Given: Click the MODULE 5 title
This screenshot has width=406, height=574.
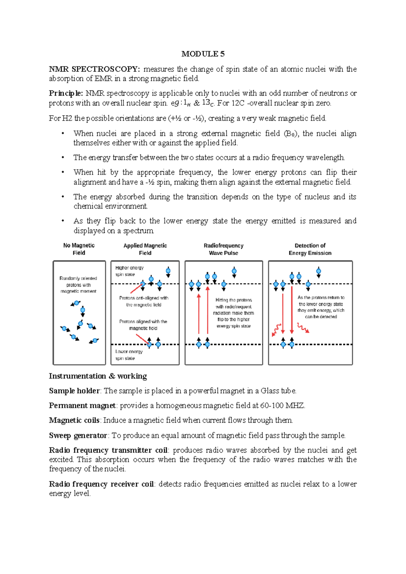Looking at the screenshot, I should click(x=203, y=54).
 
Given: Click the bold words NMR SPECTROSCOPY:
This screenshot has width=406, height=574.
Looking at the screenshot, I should click(x=94, y=69).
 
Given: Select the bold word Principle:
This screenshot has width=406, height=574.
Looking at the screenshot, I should click(x=66, y=93).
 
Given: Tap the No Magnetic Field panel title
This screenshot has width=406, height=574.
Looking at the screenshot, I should click(x=79, y=249).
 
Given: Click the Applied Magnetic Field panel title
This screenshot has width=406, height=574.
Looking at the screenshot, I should click(x=145, y=249).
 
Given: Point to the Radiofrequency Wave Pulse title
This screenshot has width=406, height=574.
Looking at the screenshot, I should click(x=223, y=249).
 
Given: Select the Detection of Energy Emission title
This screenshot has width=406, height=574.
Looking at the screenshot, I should click(x=310, y=249).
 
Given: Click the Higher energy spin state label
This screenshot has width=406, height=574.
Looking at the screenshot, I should click(x=129, y=271).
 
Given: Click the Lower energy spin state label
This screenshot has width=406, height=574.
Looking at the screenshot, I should click(x=129, y=355).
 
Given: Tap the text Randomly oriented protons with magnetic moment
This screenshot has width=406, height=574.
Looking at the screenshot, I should click(x=78, y=285).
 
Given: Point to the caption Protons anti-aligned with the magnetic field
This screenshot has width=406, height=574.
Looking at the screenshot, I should click(x=143, y=301).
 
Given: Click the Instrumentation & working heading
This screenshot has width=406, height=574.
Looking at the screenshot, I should click(x=98, y=376).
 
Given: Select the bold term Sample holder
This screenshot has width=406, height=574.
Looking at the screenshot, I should click(x=74, y=391).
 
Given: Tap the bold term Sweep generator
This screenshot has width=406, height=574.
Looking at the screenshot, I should click(x=78, y=435).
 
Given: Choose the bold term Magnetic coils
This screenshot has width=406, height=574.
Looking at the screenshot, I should click(x=74, y=420).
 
